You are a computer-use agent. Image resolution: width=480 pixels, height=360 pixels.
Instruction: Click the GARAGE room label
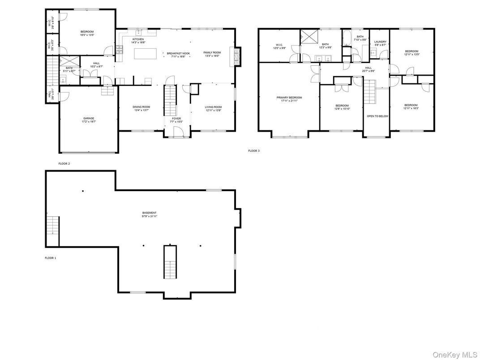click(x=88, y=118)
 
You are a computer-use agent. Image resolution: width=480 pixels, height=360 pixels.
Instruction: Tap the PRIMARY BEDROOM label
click(x=289, y=97)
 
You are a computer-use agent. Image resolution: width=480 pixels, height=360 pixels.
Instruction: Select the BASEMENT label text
click(x=150, y=213)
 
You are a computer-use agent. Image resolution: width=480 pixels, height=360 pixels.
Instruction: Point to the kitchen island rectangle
click(x=146, y=54)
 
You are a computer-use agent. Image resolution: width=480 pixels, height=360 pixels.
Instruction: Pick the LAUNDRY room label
click(x=380, y=42)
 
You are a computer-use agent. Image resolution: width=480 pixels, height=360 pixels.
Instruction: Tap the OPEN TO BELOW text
click(x=377, y=116)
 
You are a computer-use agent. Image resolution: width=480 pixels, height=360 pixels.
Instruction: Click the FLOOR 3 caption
click(x=254, y=151)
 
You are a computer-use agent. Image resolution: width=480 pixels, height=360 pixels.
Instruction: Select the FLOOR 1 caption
click(x=50, y=258)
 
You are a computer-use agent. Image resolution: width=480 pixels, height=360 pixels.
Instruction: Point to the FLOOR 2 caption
click(x=64, y=164)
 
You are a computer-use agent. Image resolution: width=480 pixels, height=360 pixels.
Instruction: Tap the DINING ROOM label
click(x=141, y=107)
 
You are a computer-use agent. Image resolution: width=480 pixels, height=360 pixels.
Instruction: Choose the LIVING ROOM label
click(x=214, y=107)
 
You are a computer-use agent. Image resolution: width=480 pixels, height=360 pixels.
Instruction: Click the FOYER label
click(x=176, y=118)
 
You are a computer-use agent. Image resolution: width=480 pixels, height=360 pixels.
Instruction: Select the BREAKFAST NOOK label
click(x=178, y=53)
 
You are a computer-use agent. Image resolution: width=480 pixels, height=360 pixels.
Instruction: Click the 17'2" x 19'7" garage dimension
click(x=88, y=122)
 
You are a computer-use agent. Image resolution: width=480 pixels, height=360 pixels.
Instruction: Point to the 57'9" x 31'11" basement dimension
click(x=150, y=216)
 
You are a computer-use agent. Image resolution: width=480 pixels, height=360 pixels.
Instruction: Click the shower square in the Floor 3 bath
click(x=309, y=35)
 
